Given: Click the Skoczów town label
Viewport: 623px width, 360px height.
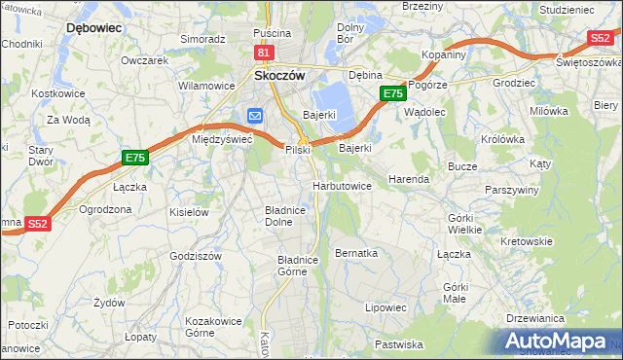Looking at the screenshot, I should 279,74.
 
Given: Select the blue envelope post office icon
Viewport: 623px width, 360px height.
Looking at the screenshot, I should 255,116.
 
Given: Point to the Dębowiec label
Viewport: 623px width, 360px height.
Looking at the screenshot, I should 93,28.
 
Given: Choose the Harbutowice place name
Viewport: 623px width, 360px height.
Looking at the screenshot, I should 342,186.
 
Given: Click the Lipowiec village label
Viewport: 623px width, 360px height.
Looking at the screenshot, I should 385,306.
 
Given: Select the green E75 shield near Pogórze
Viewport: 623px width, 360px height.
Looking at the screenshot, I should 392,93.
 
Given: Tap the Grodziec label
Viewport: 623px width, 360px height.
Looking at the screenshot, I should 488,83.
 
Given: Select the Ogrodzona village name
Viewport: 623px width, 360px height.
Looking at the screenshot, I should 105,209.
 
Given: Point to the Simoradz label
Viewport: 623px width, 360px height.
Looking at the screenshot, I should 202,39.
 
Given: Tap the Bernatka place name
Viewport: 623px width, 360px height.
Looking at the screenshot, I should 355,253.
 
